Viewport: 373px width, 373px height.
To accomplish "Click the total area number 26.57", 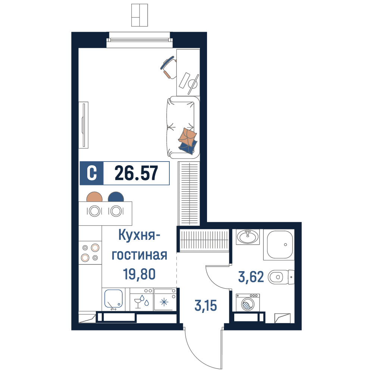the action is point(136,173).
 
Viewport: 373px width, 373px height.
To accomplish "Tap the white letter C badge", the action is point(92,173).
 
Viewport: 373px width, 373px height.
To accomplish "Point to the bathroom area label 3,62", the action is point(251,277).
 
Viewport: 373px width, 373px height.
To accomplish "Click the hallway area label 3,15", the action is point(206,306).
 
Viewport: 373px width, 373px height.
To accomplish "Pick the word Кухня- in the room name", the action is point(139,235).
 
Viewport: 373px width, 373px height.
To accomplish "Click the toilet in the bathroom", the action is point(281,277).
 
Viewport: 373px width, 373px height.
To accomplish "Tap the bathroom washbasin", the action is point(248,237).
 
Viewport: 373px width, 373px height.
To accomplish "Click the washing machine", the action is point(248,303).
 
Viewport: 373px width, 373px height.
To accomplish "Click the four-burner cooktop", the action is point(90,253).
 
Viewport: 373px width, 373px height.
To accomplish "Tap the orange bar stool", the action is point(94,197).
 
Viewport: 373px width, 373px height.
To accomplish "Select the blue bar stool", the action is point(116,197).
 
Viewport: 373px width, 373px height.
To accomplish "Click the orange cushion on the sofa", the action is point(188,136).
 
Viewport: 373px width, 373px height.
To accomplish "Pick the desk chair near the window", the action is point(169,67).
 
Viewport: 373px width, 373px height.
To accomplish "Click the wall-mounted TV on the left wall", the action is point(84,125).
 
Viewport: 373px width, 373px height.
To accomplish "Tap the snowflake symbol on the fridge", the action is point(164,303).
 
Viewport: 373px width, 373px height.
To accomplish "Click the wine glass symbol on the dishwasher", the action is point(138,303).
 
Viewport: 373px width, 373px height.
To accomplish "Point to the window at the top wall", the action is point(140,40).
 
